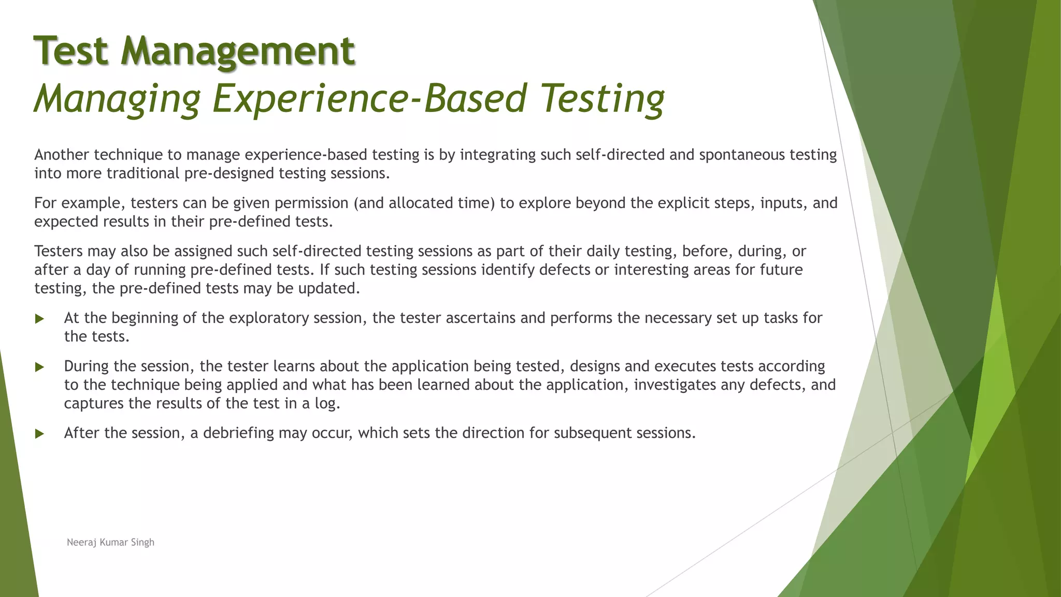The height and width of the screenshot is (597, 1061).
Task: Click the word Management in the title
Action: [x=238, y=51]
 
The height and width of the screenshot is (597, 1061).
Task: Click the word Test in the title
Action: [x=71, y=51]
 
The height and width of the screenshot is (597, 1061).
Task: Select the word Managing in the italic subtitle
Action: [x=117, y=98]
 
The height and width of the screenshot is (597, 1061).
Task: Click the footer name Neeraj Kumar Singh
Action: [x=110, y=542]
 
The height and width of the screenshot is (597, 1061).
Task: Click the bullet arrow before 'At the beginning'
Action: [x=39, y=319]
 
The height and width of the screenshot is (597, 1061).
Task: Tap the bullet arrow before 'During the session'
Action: [x=39, y=367]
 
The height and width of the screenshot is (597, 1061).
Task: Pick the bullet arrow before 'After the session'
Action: [x=39, y=434]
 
